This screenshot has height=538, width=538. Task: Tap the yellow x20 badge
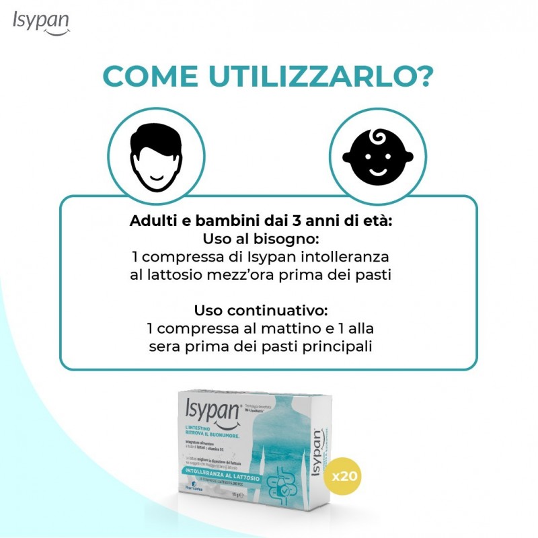pos(346,476)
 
